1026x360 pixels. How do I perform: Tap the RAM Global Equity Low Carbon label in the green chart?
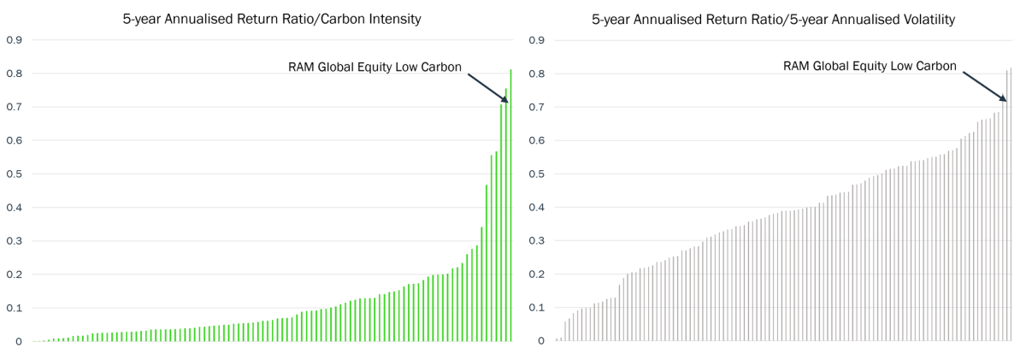375,67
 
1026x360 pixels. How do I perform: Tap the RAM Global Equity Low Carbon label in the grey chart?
870,66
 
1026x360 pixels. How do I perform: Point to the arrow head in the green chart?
504,100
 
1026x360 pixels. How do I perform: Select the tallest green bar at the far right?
510,205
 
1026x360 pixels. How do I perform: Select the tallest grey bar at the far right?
1011,205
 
